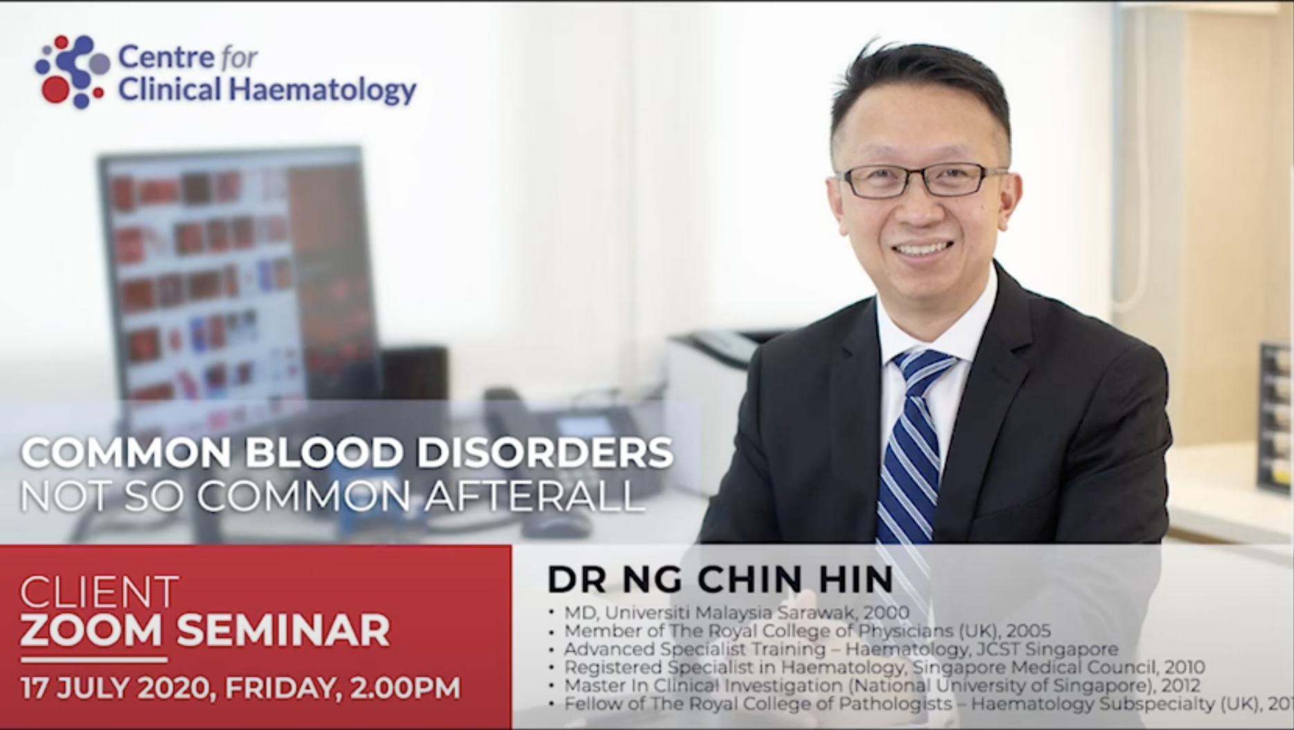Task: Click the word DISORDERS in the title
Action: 544,452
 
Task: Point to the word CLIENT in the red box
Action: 100,593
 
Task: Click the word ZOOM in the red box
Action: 92,631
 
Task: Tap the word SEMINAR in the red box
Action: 283,631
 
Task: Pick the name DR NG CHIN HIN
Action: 720,579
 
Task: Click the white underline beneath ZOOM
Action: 94,659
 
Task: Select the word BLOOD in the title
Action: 323,452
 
